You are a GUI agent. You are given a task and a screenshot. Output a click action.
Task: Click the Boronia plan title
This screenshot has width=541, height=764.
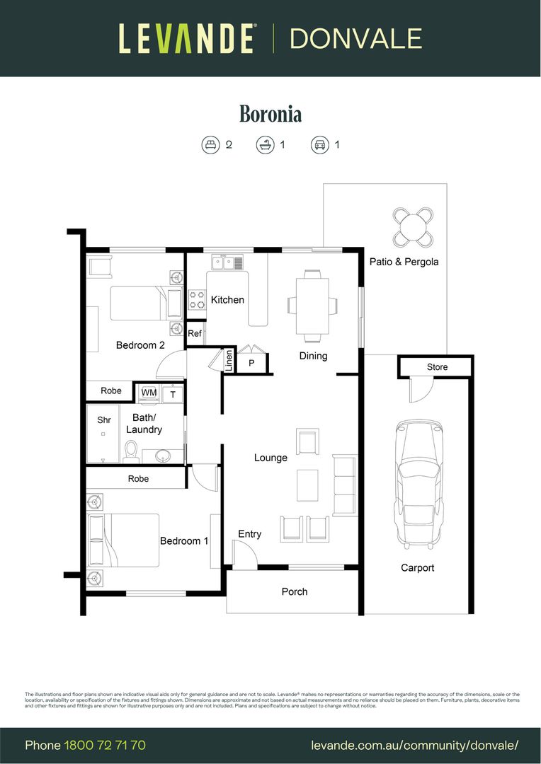pyautogui.click(x=270, y=114)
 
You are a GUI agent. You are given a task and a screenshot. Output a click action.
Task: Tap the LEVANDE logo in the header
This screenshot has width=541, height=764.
pyautogui.click(x=186, y=38)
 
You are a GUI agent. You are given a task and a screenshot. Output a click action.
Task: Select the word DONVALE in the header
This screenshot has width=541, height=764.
pyautogui.click(x=355, y=38)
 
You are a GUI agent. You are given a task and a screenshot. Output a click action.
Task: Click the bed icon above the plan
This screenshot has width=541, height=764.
pyautogui.click(x=210, y=145)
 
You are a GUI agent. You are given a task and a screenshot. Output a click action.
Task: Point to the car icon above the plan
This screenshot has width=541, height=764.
pyautogui.click(x=319, y=145)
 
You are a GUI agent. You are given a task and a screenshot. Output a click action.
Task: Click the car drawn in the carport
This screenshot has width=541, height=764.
pyautogui.click(x=418, y=482)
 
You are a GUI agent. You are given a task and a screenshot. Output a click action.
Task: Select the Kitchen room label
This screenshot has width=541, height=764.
pyautogui.click(x=227, y=300)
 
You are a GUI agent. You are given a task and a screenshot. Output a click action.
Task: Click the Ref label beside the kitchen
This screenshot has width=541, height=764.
pyautogui.click(x=195, y=334)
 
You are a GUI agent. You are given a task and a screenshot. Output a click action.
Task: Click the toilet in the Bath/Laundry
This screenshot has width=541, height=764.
pyautogui.click(x=131, y=451)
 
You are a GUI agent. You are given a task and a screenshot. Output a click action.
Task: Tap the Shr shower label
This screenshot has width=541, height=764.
pyautogui.click(x=104, y=420)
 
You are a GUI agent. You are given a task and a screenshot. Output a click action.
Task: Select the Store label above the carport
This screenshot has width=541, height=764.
pyautogui.click(x=437, y=367)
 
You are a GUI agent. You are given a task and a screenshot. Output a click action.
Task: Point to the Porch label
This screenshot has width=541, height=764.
pyautogui.click(x=295, y=591)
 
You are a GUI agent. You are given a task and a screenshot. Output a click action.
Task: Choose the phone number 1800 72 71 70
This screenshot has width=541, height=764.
pyautogui.click(x=105, y=745)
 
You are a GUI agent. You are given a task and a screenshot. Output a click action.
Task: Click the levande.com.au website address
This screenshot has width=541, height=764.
pyautogui.click(x=415, y=745)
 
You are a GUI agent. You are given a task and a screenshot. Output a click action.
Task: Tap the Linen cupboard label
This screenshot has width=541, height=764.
pyautogui.click(x=229, y=361)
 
